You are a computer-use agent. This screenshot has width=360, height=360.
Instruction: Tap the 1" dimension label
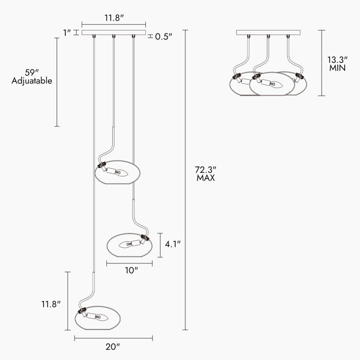coord(67,32)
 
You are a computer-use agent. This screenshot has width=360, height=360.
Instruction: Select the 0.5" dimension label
coord(163,37)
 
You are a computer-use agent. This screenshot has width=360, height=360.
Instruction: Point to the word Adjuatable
coord(32,80)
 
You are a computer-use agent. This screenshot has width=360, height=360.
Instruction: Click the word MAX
coord(206,178)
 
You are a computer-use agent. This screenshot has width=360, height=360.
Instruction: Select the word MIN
coord(338,68)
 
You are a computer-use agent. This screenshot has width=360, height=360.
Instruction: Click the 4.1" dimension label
coord(173,244)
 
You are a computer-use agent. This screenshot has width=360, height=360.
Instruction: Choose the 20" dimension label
coord(112,347)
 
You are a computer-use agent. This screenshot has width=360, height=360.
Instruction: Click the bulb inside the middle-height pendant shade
coord(128,244)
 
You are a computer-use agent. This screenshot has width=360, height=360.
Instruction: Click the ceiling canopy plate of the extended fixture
coord(114,33)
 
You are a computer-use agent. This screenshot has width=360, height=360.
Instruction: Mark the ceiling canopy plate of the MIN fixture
coord(268,33)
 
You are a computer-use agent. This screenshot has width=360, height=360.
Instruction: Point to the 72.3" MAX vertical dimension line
coord(185,180)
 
